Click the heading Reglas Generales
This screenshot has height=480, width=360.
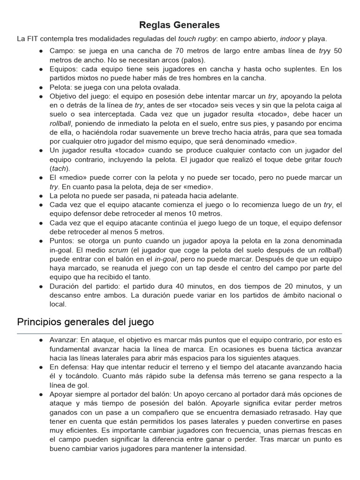point(180,25)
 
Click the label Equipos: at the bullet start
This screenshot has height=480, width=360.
point(64,69)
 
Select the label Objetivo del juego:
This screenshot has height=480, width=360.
point(84,96)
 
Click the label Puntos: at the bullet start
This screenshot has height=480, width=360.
point(63,241)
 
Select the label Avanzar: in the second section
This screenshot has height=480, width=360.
point(65,340)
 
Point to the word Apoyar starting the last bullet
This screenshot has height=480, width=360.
point(62,394)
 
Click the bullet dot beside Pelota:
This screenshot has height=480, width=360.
point(42,87)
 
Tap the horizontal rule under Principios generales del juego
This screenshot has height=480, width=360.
point(180,333)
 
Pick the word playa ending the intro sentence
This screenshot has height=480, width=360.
point(317,39)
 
